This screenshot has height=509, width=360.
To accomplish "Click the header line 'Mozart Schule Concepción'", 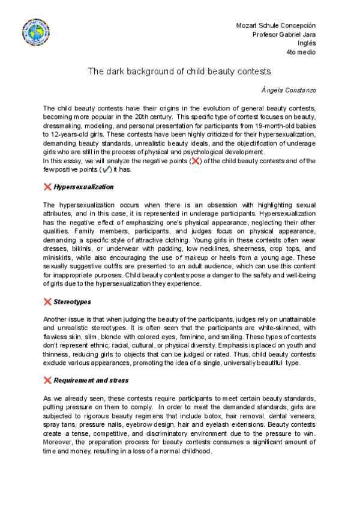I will tap(276, 25).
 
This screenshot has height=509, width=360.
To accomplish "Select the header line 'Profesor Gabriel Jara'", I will tap(284, 34).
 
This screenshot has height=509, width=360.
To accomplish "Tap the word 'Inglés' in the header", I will tap(307, 43).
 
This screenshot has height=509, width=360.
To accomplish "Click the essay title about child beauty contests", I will tap(179, 71).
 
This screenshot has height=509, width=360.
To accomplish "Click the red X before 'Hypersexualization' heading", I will tap(47, 187).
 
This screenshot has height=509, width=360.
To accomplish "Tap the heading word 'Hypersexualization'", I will tap(83, 187).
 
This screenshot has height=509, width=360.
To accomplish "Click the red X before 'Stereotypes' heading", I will tap(47, 302).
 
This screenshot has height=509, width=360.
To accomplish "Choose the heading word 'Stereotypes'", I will tap(72, 302).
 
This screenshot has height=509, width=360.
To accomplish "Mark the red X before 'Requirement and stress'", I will tap(47, 381).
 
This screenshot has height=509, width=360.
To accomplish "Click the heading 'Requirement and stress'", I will tap(91, 381).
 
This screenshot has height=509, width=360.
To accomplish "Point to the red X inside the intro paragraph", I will tap(194, 161).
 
